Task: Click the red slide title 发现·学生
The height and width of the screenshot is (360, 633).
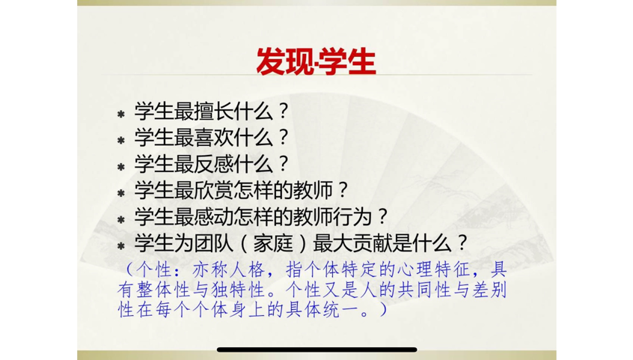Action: (316, 61)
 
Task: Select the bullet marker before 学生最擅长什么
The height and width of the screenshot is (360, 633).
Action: (120, 114)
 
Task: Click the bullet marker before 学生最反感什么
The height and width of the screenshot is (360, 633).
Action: (120, 167)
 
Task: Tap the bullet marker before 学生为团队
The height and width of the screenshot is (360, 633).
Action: (120, 246)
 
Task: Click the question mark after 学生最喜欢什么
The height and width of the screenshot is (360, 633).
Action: (282, 137)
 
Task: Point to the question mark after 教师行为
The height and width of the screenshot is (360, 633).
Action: (382, 217)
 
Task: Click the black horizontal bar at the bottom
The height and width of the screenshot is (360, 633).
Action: (316, 350)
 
